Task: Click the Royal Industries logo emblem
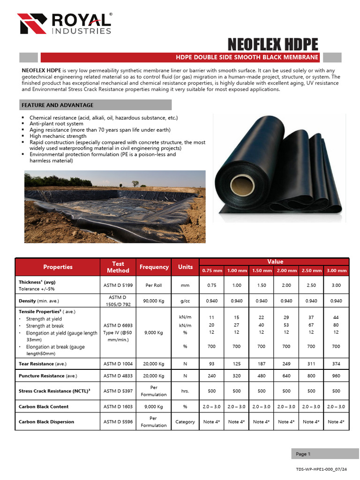(x=32, y=23)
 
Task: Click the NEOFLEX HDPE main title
(x=273, y=45)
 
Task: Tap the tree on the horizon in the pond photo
(x=135, y=183)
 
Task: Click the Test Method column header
(x=118, y=267)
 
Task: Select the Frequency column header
(x=154, y=267)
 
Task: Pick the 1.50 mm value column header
(x=262, y=270)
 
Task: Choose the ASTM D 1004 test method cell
(x=118, y=363)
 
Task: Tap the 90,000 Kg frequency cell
(x=154, y=300)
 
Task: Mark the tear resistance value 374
(x=336, y=363)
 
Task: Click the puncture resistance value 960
(x=336, y=375)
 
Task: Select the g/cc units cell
(x=185, y=300)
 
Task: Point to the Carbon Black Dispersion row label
(x=46, y=421)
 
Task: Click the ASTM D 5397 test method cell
(x=118, y=391)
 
